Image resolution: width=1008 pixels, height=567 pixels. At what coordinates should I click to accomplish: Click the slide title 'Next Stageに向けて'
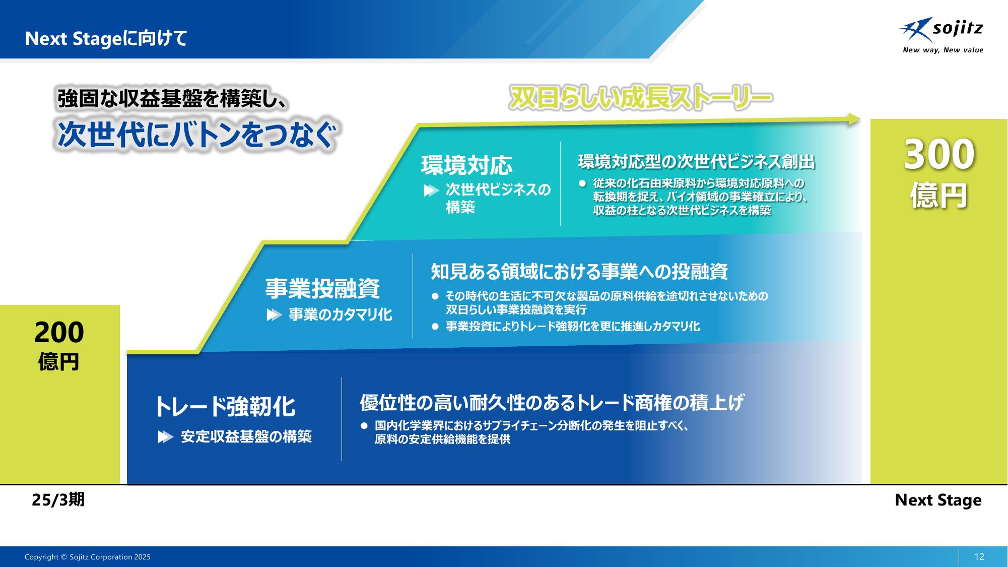point(106,39)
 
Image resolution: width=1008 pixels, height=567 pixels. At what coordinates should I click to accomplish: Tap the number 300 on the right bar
point(939,154)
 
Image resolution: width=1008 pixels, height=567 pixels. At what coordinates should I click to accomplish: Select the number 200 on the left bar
point(59,333)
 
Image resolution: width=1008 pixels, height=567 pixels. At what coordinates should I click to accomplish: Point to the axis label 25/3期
point(58,499)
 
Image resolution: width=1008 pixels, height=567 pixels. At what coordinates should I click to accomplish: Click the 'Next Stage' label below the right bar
point(938,500)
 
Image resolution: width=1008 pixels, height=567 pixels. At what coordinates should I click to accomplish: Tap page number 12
point(979,557)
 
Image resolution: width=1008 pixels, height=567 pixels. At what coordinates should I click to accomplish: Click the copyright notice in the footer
point(88,557)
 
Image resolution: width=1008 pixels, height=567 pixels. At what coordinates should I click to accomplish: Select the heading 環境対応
point(466,165)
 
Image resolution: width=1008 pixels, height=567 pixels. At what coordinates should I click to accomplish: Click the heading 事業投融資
point(322,288)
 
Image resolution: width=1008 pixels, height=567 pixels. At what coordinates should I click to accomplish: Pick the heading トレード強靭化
point(225,407)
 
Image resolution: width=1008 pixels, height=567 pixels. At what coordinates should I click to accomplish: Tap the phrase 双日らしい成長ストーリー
point(640,98)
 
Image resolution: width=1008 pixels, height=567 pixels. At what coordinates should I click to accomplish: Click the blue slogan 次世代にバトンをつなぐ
point(196,135)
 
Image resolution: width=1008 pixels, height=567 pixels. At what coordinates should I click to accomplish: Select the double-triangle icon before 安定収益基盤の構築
point(165,437)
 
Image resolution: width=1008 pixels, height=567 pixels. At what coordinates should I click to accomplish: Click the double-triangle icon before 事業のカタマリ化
point(274,315)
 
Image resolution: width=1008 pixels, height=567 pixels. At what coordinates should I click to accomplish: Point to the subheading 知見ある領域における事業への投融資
point(579,272)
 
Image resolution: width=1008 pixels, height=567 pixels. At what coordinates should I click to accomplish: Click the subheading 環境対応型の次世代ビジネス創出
point(696,162)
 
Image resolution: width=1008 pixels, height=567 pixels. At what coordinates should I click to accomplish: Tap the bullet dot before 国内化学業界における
point(364,426)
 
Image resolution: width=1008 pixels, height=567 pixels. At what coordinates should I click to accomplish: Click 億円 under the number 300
point(938,196)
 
